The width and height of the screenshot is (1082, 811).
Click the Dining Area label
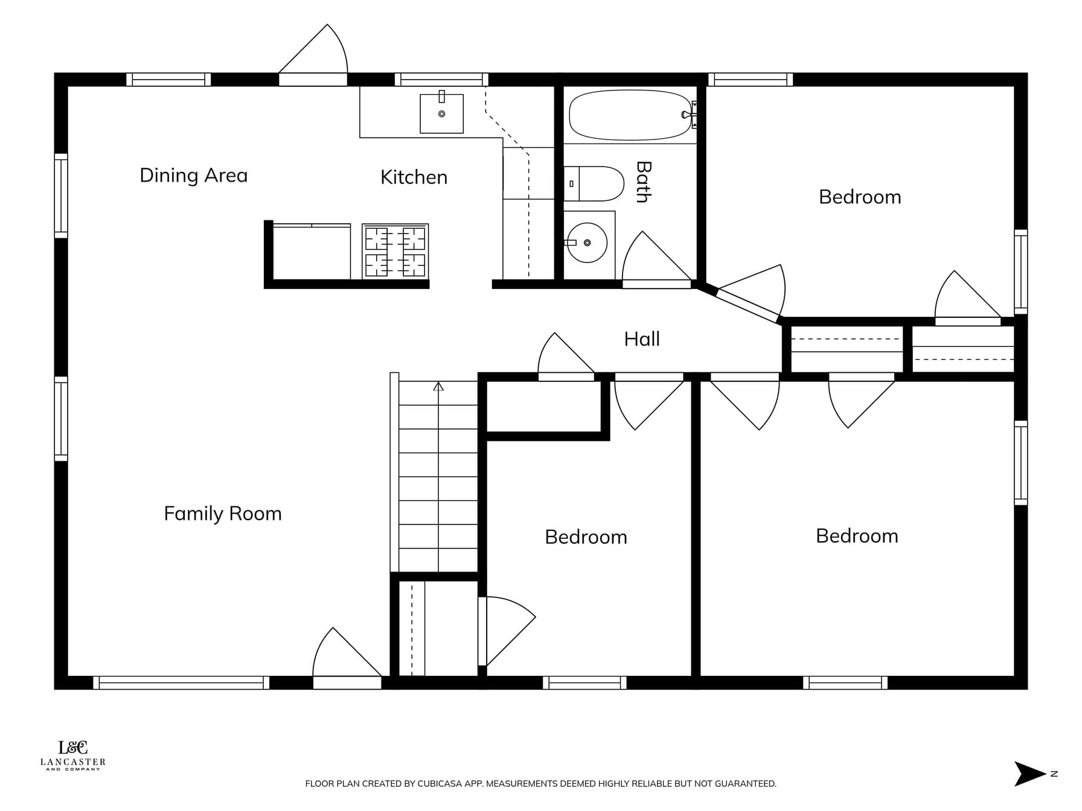[x=194, y=176]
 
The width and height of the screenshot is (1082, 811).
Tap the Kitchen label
[x=414, y=177]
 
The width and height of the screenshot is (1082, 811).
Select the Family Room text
[x=223, y=514]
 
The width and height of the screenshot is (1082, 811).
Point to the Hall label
[x=642, y=339]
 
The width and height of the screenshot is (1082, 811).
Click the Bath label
[x=644, y=182]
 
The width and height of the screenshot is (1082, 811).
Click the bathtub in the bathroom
[x=630, y=115]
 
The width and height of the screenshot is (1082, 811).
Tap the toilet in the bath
[x=594, y=184]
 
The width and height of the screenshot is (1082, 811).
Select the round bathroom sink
[x=587, y=243]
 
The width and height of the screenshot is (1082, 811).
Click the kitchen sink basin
[x=442, y=113]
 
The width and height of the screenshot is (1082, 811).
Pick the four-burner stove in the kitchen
[x=395, y=252]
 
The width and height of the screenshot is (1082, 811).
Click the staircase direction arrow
[x=438, y=386]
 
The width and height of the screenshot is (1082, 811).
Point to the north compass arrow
[x=1030, y=774]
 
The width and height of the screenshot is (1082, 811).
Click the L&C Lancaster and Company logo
[x=73, y=755]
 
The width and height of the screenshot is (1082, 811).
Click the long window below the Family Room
[x=181, y=682]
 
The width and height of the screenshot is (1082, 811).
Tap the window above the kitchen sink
[x=442, y=79]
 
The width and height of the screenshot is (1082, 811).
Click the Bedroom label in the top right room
[x=860, y=197]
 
